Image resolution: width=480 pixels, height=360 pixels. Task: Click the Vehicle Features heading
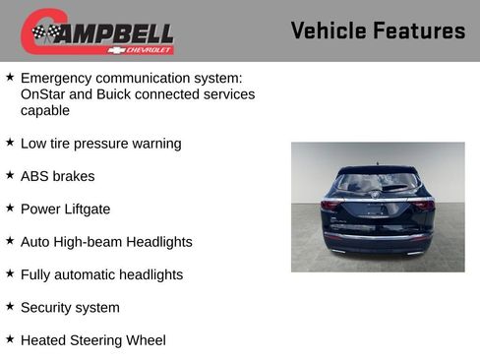click(378, 30)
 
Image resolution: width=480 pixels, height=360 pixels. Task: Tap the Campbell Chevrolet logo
click(97, 31)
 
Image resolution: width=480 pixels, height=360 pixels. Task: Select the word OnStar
click(43, 94)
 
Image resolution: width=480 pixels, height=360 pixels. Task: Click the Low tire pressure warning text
click(100, 144)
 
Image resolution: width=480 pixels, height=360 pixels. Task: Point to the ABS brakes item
click(58, 176)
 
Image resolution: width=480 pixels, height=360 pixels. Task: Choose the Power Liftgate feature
click(65, 209)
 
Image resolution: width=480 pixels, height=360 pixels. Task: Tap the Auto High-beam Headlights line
click(106, 242)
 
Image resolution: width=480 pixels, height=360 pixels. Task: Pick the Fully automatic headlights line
click(101, 274)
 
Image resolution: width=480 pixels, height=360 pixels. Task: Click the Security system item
click(70, 308)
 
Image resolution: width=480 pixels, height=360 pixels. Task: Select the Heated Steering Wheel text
click(92, 340)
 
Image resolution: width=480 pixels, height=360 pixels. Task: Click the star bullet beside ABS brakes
click(10, 175)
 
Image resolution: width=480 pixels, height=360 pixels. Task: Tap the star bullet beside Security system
click(10, 307)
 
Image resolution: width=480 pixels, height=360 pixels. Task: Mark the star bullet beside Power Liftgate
click(10, 208)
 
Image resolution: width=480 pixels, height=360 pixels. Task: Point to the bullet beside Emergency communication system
click(10, 76)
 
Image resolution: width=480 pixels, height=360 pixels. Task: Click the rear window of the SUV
click(378, 183)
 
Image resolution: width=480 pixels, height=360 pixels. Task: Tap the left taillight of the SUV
click(331, 206)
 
